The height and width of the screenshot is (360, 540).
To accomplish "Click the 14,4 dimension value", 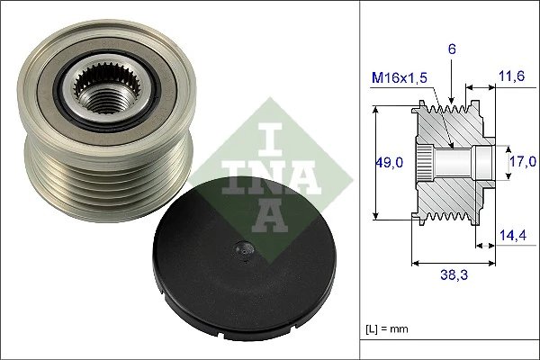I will [510, 235].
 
